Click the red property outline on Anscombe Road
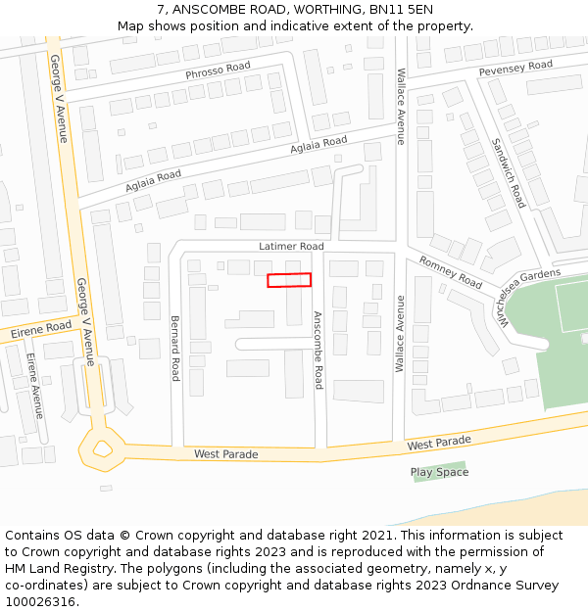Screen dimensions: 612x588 click(289, 280)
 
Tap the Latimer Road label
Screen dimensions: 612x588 click(291, 247)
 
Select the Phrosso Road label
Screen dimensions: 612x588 click(218, 71)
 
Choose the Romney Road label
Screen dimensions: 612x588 click(451, 271)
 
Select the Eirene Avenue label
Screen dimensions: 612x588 click(35, 386)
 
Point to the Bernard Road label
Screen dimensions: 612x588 click(175, 348)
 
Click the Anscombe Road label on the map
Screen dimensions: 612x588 click(318, 350)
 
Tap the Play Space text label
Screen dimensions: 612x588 click(439, 472)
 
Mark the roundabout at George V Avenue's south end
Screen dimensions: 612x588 click(102, 449)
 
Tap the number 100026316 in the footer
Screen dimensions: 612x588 click(41, 602)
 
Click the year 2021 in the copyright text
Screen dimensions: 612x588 click(371, 536)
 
